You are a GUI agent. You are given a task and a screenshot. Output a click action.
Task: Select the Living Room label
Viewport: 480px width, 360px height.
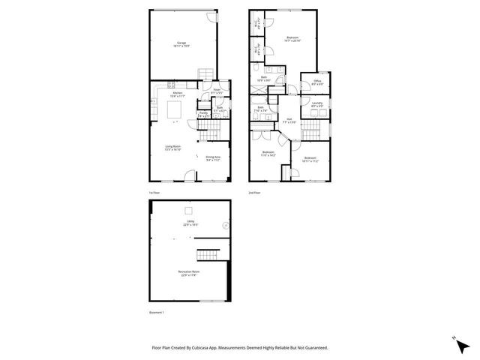(x=173, y=147)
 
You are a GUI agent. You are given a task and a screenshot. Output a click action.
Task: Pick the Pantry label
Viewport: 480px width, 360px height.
(x=203, y=114)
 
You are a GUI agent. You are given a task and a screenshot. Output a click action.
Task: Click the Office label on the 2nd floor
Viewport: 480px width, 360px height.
(x=317, y=82)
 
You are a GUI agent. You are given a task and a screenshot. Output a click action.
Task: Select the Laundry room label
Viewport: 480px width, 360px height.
(x=317, y=103)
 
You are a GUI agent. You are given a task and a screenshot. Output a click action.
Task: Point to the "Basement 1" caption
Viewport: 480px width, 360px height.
(x=157, y=312)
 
